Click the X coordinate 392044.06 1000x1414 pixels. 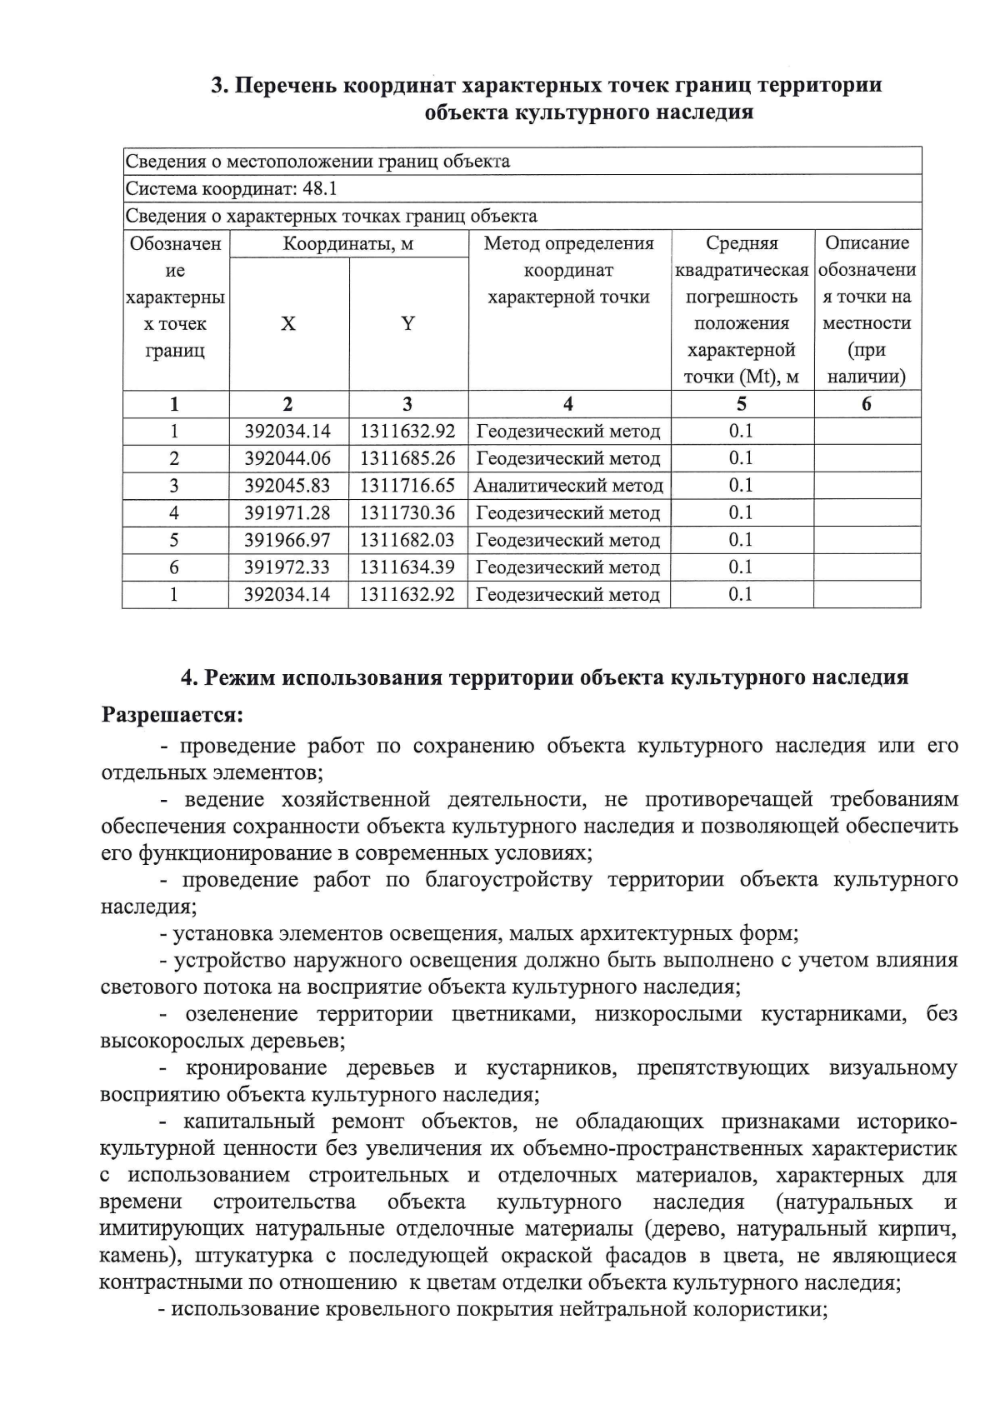287,458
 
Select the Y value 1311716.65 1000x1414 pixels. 407,485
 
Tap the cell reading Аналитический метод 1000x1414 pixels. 568,485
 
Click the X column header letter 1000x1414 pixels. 287,324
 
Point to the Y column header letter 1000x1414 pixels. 407,324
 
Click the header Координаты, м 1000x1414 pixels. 347,244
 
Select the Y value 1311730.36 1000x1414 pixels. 407,512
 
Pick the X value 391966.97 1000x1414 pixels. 287,540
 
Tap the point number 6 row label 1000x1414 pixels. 174,567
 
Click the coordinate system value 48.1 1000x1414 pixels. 320,188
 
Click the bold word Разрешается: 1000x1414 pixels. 172,715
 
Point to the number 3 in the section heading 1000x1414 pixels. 217,86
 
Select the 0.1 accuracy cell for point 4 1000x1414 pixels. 740,512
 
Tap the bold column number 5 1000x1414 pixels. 741,404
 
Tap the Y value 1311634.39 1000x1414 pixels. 407,567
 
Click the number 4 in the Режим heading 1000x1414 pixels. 187,677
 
